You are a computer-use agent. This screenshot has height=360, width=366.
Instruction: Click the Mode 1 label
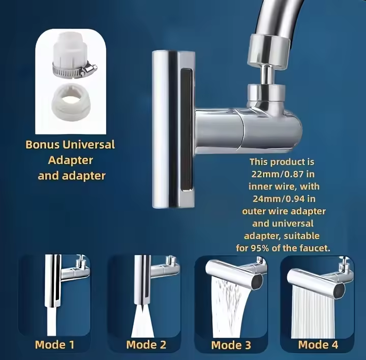click(x=54, y=345)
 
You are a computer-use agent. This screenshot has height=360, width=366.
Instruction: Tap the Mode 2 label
click(x=146, y=345)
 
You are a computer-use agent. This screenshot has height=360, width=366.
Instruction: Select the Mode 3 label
click(x=231, y=345)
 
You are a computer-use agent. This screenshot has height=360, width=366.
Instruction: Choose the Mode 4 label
click(x=318, y=345)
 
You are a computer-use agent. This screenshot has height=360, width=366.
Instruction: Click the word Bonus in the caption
click(x=42, y=145)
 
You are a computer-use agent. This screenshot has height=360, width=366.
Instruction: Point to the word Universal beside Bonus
click(x=89, y=145)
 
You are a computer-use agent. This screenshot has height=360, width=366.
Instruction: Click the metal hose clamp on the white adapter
click(x=75, y=70)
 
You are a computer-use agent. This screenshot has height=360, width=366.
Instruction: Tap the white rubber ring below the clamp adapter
click(x=71, y=103)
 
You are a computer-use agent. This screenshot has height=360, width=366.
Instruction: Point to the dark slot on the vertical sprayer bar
click(x=187, y=129)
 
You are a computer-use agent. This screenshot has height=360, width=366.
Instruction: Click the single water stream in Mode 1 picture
click(x=51, y=321)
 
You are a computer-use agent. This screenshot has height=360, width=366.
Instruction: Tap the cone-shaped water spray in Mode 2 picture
click(x=142, y=323)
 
